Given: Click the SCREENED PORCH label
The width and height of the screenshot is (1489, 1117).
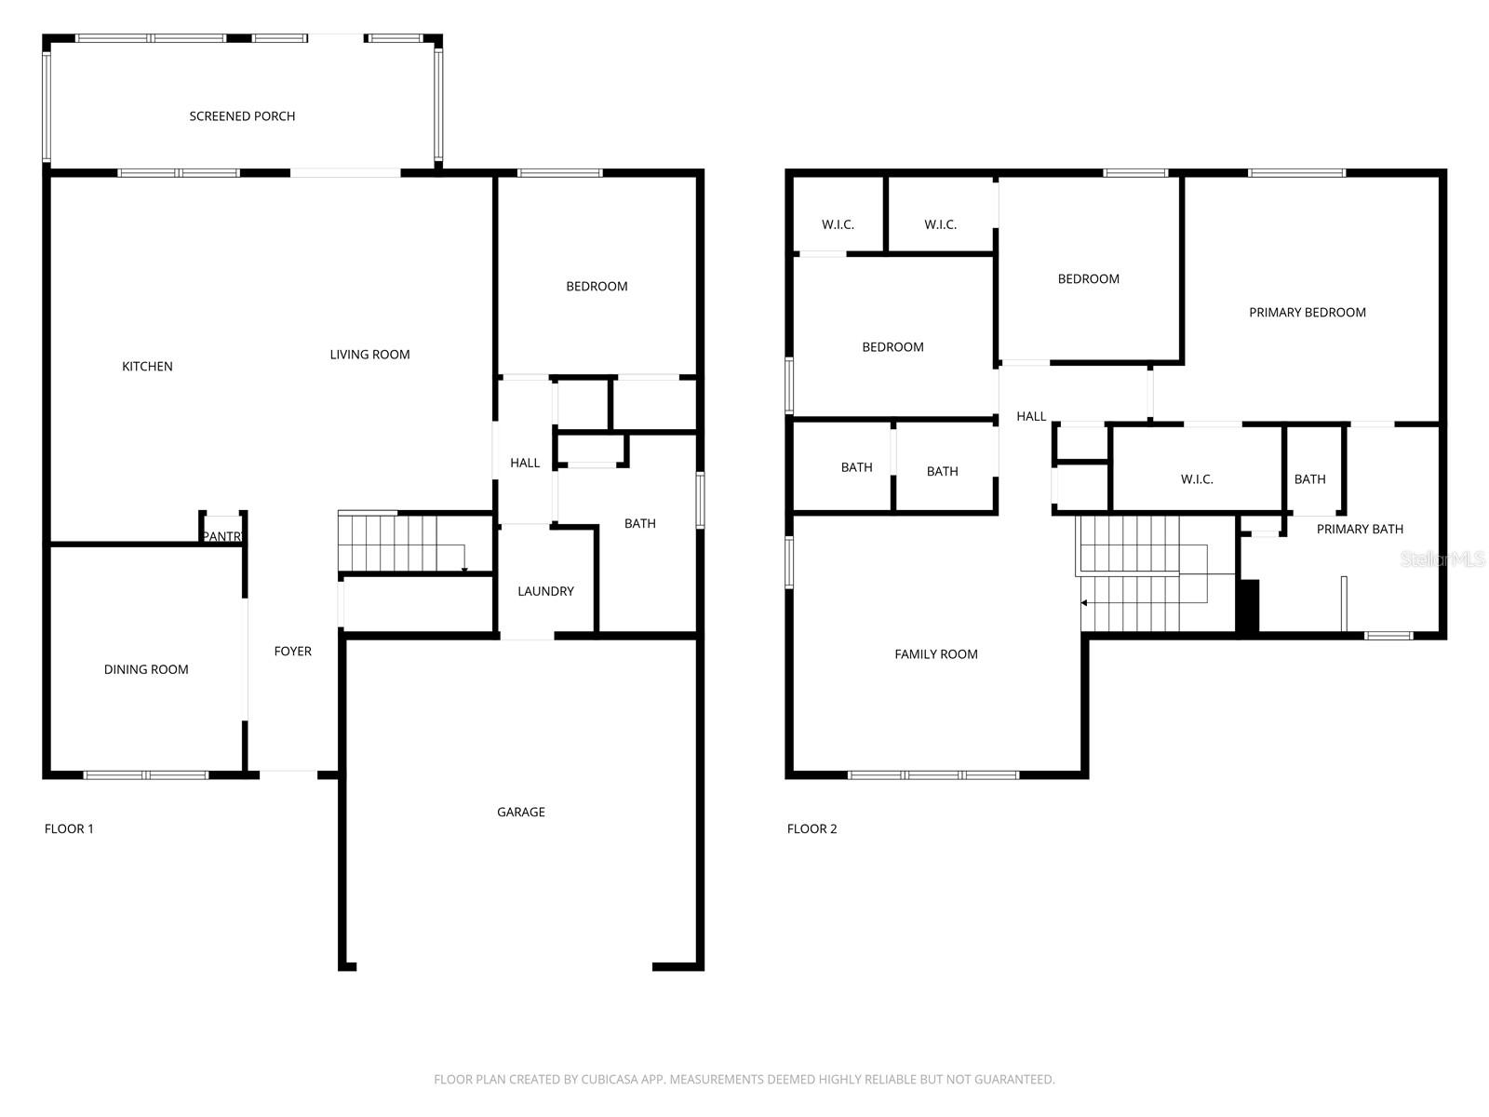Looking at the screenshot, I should point(242,116).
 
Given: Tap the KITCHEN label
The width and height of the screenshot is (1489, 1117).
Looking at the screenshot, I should point(147,367).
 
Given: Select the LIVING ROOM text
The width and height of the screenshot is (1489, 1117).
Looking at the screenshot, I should point(369,355).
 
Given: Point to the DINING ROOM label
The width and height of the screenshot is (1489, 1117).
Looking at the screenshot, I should point(146,669).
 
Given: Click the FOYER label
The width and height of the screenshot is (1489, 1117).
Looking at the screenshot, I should point(292,652).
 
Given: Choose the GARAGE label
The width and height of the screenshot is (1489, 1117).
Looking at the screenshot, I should point(520,813).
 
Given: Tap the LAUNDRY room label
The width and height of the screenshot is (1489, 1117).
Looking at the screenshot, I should point(545,591).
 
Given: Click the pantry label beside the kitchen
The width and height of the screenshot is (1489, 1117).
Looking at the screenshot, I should point(222,537).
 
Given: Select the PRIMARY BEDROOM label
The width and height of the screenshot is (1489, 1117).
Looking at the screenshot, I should point(1307,313).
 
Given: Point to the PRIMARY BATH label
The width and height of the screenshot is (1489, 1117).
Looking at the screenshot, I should point(1359,529).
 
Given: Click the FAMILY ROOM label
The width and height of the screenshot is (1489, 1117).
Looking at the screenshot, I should point(935,654).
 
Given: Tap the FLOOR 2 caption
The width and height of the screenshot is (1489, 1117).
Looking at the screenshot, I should point(812,828).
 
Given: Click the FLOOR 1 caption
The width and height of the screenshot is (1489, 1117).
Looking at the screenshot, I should point(69,828).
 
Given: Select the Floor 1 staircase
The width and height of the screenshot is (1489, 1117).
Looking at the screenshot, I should point(400,542).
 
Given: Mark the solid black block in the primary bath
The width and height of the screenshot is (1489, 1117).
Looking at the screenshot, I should point(1248,606).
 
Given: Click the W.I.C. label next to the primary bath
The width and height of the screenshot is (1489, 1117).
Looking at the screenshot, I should point(1196,479).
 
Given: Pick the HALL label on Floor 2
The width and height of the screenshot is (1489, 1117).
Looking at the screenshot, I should point(1030,416).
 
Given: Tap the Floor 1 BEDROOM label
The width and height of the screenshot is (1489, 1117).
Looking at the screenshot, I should point(597,287).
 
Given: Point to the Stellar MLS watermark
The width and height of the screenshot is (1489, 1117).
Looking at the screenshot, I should point(1442,559).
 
